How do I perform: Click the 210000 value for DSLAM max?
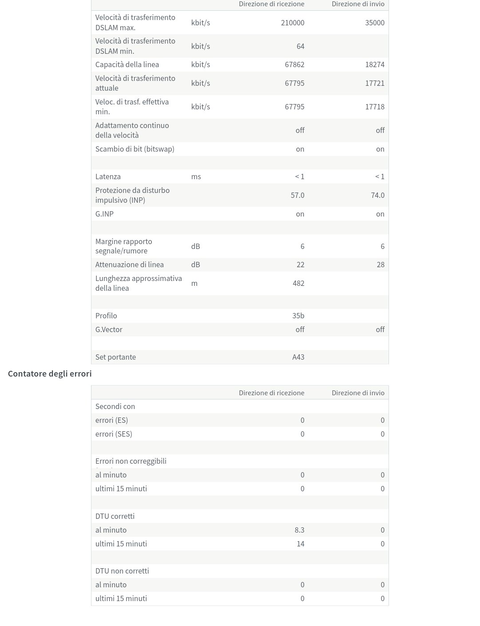tap(293, 23)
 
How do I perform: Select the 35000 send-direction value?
tap(375, 23)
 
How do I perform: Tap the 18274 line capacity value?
tap(375, 64)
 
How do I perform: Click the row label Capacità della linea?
tap(127, 64)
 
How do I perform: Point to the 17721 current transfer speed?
tap(375, 83)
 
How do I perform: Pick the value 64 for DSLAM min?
tap(300, 46)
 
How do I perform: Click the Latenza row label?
tap(108, 177)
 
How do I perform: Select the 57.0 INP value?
tap(298, 195)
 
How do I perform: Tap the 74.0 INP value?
tap(377, 195)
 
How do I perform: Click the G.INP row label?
tap(104, 214)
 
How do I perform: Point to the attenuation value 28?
tap(381, 265)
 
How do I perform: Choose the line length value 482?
tap(298, 283)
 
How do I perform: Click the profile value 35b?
tap(298, 316)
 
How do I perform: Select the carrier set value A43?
tap(298, 357)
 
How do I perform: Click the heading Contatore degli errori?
tap(50, 373)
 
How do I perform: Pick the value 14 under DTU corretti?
tap(301, 544)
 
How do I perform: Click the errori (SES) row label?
tap(114, 434)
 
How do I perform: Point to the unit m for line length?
tap(194, 283)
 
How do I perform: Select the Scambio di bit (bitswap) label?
tap(135, 149)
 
